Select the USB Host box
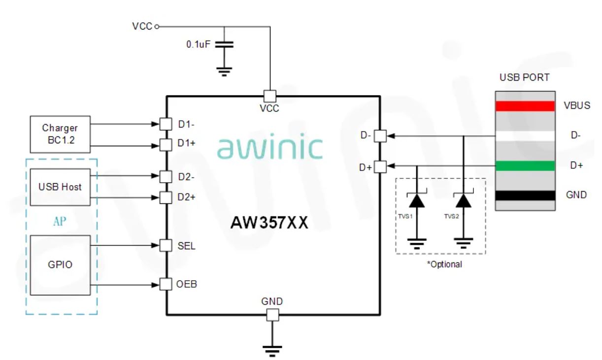(x=60, y=187)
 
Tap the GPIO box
(x=60, y=265)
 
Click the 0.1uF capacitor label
(x=199, y=44)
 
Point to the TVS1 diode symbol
(x=417, y=201)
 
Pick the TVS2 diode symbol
(x=463, y=201)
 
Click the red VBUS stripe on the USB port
(x=525, y=106)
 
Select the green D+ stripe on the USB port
(x=525, y=166)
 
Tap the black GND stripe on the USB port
(x=525, y=195)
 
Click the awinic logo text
(x=269, y=147)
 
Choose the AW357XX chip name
(x=269, y=223)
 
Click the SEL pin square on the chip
(x=167, y=245)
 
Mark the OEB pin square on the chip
(x=167, y=285)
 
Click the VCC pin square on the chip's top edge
(x=270, y=96)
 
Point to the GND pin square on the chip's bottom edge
(x=272, y=315)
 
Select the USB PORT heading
(x=525, y=78)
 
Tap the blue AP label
(x=59, y=222)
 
